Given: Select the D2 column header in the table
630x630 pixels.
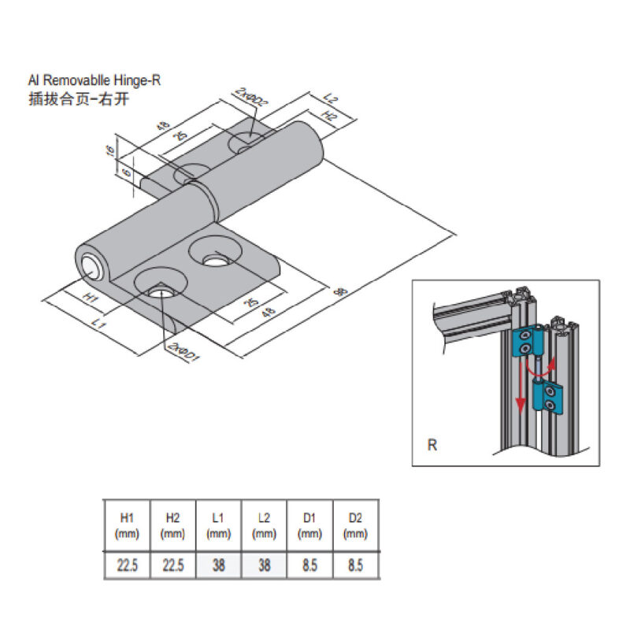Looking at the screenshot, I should (356, 524).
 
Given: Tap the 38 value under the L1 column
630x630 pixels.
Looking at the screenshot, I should (219, 565).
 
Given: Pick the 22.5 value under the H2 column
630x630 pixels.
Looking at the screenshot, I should (173, 565).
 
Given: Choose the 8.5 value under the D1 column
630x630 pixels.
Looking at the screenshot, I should (310, 565).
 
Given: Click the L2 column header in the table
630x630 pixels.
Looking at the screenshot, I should (265, 524).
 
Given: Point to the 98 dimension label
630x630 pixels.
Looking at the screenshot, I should (341, 291).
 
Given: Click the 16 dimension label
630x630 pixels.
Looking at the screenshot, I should (110, 149).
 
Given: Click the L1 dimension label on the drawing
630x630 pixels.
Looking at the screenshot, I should (98, 323).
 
